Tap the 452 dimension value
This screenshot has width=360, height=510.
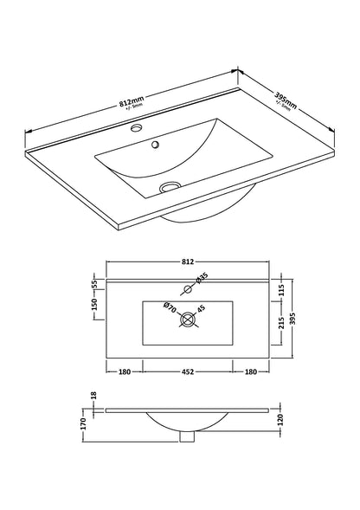[x=186, y=374]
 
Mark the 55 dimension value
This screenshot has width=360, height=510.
[x=93, y=283]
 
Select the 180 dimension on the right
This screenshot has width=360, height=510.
[x=251, y=374]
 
